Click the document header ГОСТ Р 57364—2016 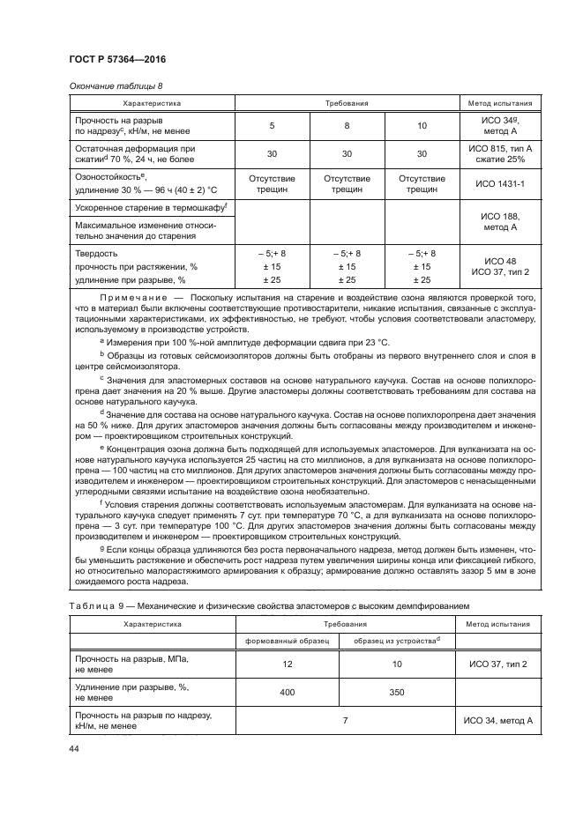(117, 58)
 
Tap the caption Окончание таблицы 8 (116, 85)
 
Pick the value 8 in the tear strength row (348, 125)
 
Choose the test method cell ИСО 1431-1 (500, 185)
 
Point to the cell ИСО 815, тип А (500, 149)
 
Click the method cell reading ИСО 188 (500, 215)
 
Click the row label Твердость (97, 253)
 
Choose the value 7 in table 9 (346, 721)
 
